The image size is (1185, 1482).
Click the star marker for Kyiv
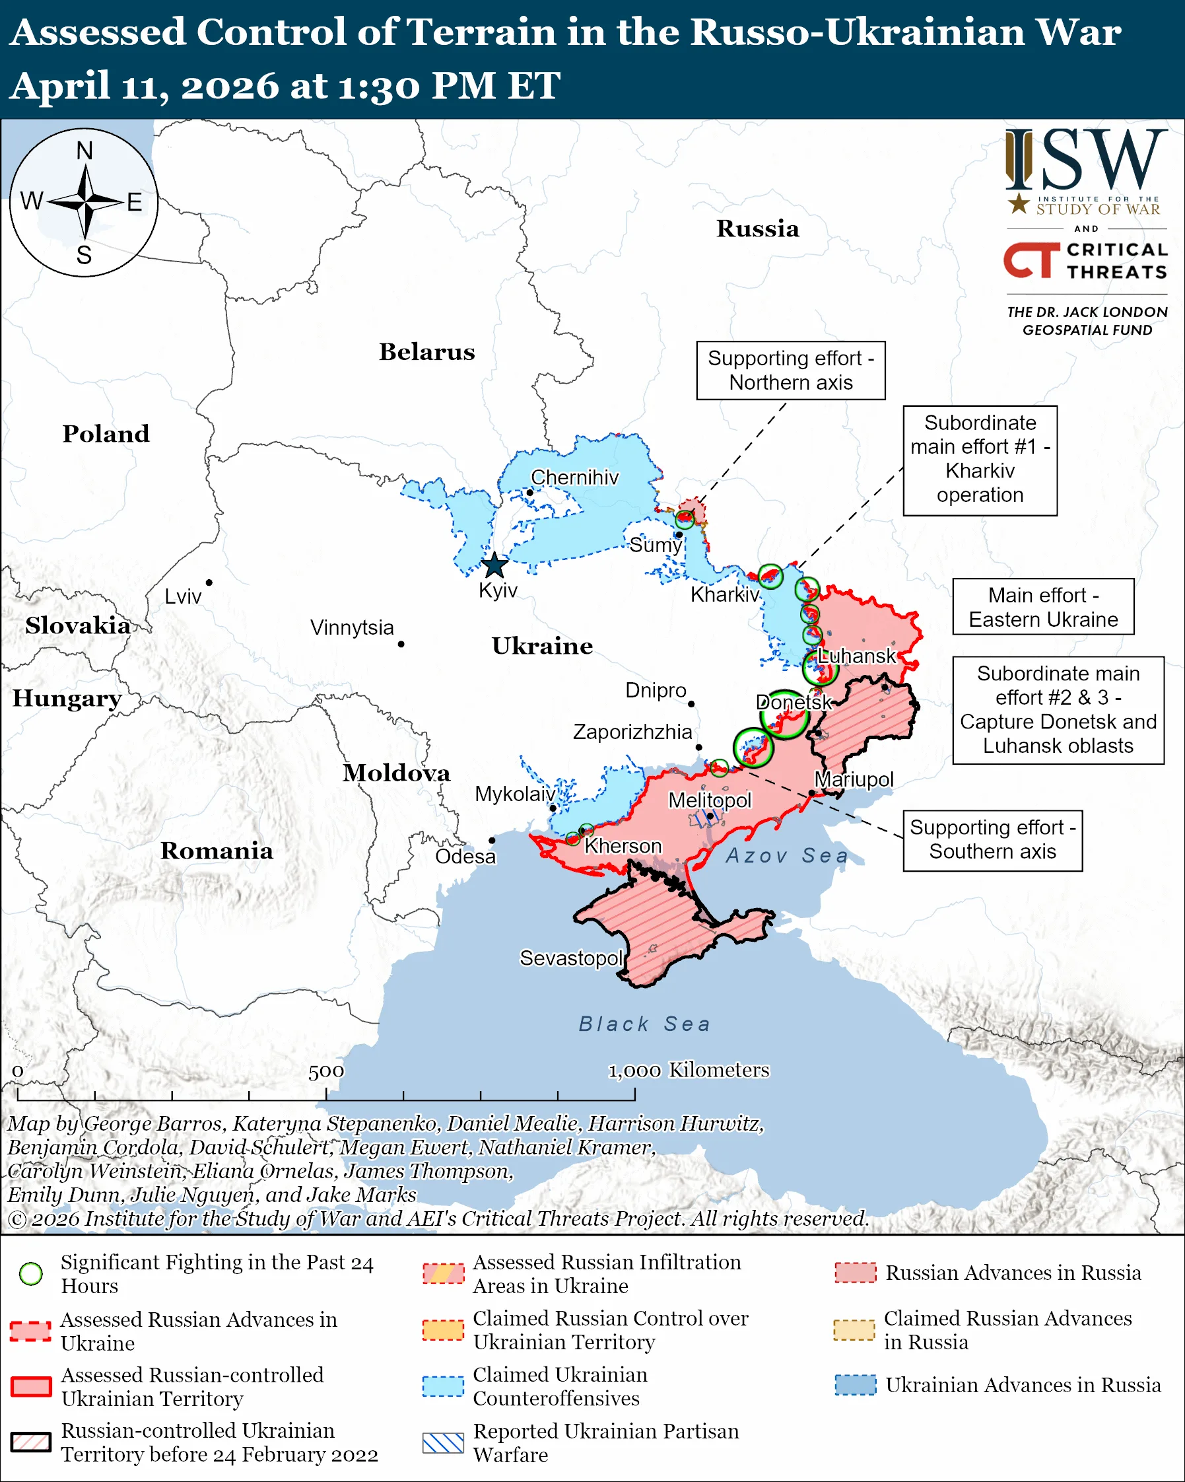pos(494,567)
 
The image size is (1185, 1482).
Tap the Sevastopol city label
pos(571,958)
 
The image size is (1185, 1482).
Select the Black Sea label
pos(644,1024)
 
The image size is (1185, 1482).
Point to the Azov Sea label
pos(786,855)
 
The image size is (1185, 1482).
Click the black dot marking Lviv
pos(209,582)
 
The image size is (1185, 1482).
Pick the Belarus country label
pos(426,352)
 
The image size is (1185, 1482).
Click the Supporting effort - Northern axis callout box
pos(791,370)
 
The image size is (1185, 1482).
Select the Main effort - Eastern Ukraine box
pos(1042,607)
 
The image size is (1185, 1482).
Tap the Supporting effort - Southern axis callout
pos(992,840)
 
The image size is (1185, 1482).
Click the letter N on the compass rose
pos(85,151)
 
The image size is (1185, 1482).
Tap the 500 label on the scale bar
pos(325,1071)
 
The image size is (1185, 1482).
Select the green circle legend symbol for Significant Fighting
pos(31,1274)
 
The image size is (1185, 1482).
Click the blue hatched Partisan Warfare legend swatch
pos(443,1443)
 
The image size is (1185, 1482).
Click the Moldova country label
pos(396,773)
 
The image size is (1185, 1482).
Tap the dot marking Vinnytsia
pos(401,644)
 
